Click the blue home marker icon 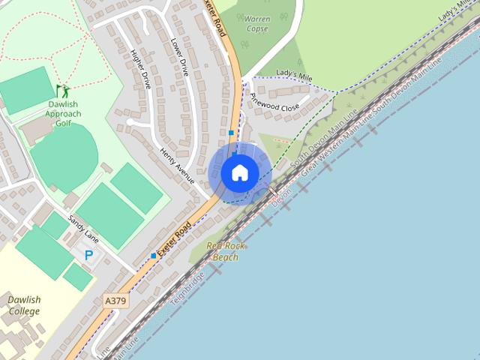(x=240, y=172)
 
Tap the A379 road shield (x=115, y=301)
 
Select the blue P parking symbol (x=88, y=256)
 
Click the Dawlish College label (x=24, y=305)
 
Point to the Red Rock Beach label (x=225, y=251)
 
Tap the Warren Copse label (x=256, y=22)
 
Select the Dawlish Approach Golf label (x=64, y=114)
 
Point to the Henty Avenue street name (x=178, y=166)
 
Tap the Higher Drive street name (x=141, y=69)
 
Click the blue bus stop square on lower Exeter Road (x=154, y=256)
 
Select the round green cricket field (x=64, y=157)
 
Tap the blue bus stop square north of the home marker (x=231, y=133)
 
